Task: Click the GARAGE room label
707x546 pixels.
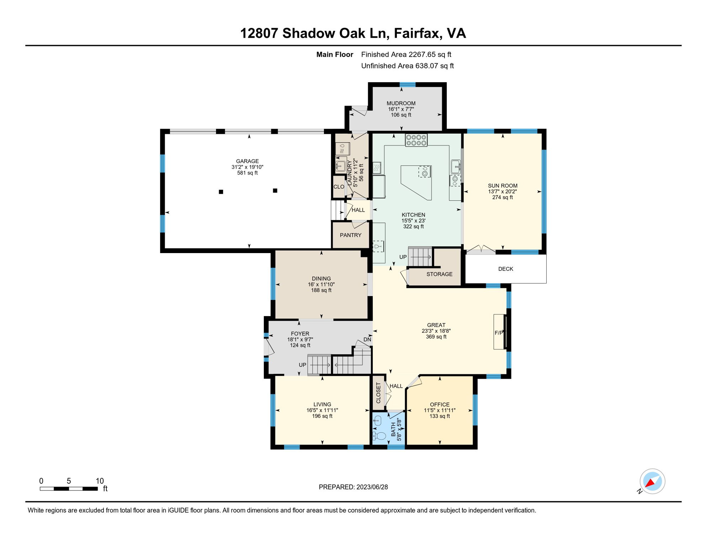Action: pos(248,161)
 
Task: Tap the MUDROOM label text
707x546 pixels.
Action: pos(401,103)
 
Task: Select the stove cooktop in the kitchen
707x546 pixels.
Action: pos(416,140)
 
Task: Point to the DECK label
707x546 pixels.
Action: pos(506,269)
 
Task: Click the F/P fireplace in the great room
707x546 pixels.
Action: pos(500,332)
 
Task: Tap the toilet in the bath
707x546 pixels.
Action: pos(379,436)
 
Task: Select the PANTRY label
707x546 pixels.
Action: pos(351,235)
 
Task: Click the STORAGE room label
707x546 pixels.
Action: pos(440,274)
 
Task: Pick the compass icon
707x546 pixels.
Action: pos(652,482)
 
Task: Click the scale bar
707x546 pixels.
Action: pos(69,489)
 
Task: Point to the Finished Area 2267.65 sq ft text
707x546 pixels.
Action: pos(406,54)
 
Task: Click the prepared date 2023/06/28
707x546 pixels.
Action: pos(372,487)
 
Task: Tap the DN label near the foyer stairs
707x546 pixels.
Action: pos(367,339)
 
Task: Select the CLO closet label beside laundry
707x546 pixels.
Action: pos(339,187)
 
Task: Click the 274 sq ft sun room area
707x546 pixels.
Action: pos(503,197)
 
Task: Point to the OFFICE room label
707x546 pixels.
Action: pos(440,405)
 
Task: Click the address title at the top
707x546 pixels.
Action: pos(353,33)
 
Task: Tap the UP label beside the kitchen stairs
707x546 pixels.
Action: pos(403,257)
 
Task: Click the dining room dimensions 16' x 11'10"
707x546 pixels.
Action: pos(321,284)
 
